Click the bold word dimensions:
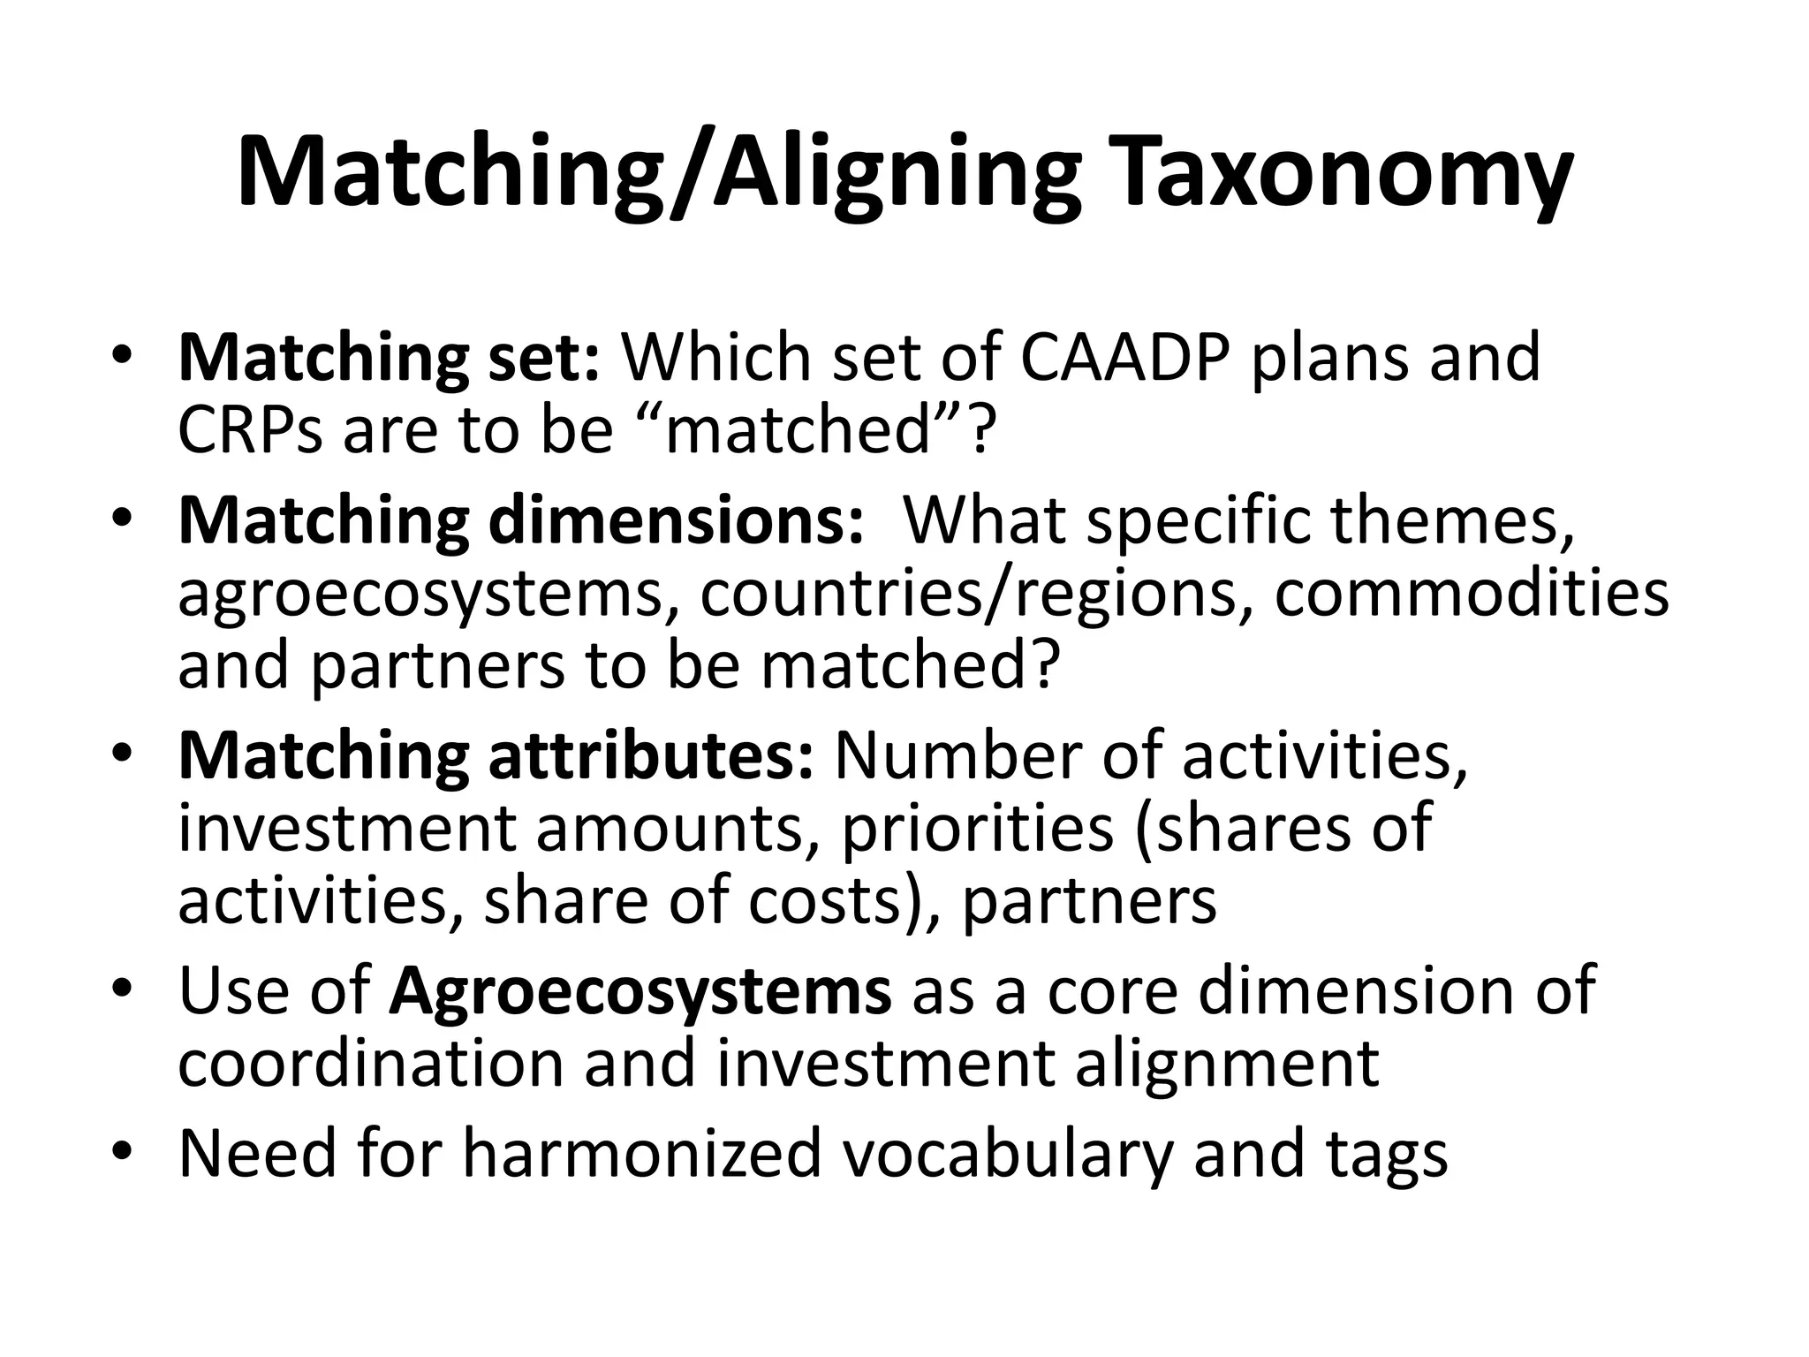[676, 521]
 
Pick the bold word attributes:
[650, 756]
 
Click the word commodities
[1472, 594]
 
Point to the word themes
[1453, 521]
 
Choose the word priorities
[977, 829]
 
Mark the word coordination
[371, 1064]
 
